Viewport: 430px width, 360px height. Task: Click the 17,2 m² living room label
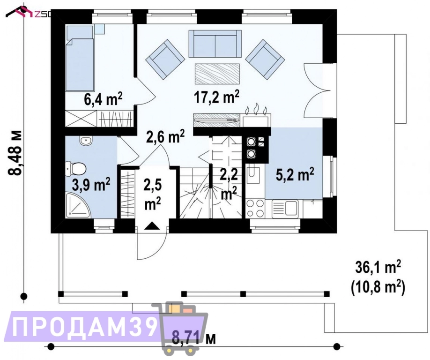217,97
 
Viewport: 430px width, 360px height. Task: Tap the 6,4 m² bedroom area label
103,99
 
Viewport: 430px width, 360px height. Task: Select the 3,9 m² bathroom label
91,185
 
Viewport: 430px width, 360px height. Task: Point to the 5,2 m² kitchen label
295,175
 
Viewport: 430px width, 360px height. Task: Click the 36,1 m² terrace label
378,268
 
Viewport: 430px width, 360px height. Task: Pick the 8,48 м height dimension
15,152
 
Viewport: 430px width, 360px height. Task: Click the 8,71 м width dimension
194,337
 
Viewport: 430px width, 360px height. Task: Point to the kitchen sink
285,208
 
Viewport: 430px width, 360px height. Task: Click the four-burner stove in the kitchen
255,208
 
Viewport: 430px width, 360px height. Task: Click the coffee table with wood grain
217,74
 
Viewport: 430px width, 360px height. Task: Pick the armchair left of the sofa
165,59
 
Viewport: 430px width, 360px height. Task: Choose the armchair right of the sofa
265,60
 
